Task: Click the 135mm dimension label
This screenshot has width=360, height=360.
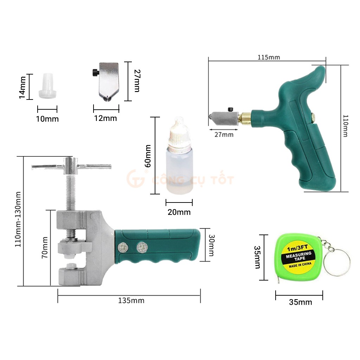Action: (x=131, y=300)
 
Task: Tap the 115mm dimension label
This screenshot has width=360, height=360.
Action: (x=269, y=57)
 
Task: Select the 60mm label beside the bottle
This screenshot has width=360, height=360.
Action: (x=148, y=156)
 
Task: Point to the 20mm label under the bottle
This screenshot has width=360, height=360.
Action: (x=179, y=212)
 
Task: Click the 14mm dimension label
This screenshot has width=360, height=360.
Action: (x=22, y=88)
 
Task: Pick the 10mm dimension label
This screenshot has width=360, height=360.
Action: (x=47, y=119)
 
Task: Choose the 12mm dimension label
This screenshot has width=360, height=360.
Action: (x=105, y=118)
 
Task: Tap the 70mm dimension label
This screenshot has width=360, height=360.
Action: (x=45, y=247)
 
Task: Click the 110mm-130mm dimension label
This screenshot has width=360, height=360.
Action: (x=18, y=219)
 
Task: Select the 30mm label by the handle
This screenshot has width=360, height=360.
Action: (x=211, y=245)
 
